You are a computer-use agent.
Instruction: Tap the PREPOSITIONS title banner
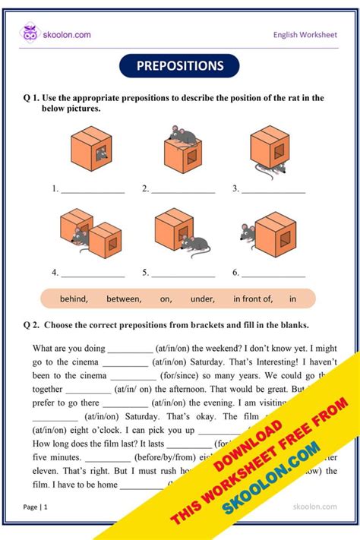tap(180, 66)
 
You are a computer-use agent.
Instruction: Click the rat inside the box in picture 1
tap(100, 156)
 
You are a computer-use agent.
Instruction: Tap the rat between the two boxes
tap(84, 241)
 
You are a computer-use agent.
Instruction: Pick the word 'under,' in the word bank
tap(204, 299)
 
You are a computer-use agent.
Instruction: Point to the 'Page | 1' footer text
tap(36, 506)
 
